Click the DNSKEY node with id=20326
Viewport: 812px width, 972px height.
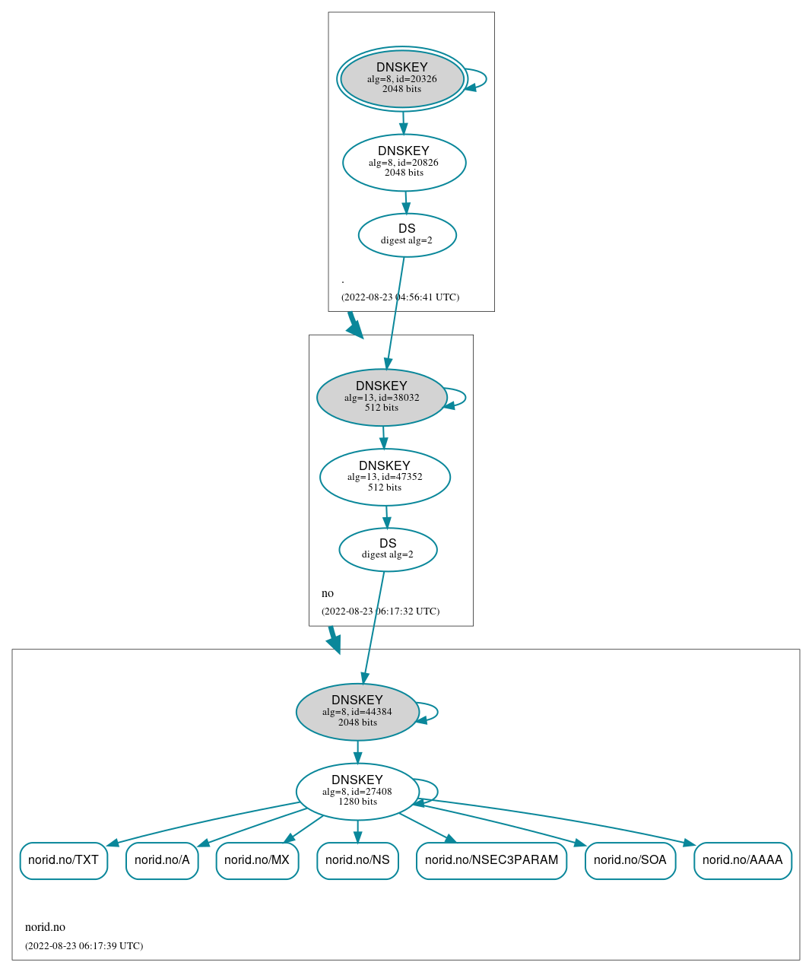[402, 79]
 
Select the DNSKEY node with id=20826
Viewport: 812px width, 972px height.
[404, 163]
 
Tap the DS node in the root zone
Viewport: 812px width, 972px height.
[407, 235]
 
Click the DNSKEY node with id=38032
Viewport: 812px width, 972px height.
[382, 398]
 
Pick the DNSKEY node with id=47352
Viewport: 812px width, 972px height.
[385, 477]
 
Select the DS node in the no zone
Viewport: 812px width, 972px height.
[388, 549]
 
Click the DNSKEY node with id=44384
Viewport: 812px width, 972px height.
[357, 712]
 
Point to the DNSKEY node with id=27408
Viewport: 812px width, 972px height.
[357, 792]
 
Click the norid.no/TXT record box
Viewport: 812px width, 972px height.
[64, 860]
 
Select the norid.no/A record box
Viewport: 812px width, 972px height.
[162, 860]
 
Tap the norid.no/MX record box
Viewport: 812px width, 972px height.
[257, 860]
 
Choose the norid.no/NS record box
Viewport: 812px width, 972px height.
[357, 860]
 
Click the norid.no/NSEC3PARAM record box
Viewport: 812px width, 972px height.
[491, 860]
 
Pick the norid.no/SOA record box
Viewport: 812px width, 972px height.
[630, 860]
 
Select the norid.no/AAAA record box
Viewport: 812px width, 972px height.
[742, 860]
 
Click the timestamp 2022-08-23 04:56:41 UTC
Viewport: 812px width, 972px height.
[400, 297]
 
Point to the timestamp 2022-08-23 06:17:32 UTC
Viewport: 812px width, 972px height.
[380, 611]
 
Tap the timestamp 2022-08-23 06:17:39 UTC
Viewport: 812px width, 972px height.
[84, 946]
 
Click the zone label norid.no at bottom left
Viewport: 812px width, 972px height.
[45, 927]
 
